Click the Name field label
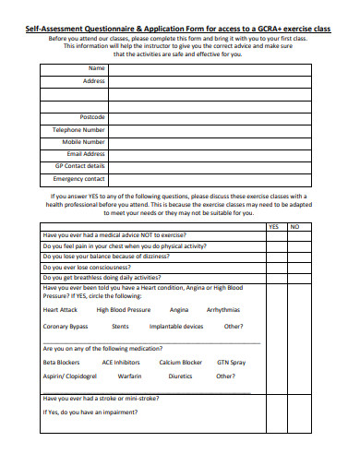pyautogui.click(x=96, y=69)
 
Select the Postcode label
pyautogui.click(x=92, y=118)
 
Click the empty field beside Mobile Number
pyautogui.click(x=204, y=142)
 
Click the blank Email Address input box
pyautogui.click(x=204, y=154)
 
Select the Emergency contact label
pyautogui.click(x=80, y=178)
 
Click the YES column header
pyautogui.click(x=274, y=226)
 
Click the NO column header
pyautogui.click(x=294, y=226)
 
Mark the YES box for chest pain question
pyautogui.click(x=274, y=245)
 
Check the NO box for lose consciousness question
pyautogui.click(x=294, y=266)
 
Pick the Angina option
pyautogui.click(x=179, y=310)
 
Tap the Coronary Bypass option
pyautogui.click(x=66, y=327)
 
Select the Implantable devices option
pyautogui.click(x=176, y=327)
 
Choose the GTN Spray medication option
pyautogui.click(x=231, y=363)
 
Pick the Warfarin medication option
pyautogui.click(x=130, y=376)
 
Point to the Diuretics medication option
pyautogui.click(x=180, y=376)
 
